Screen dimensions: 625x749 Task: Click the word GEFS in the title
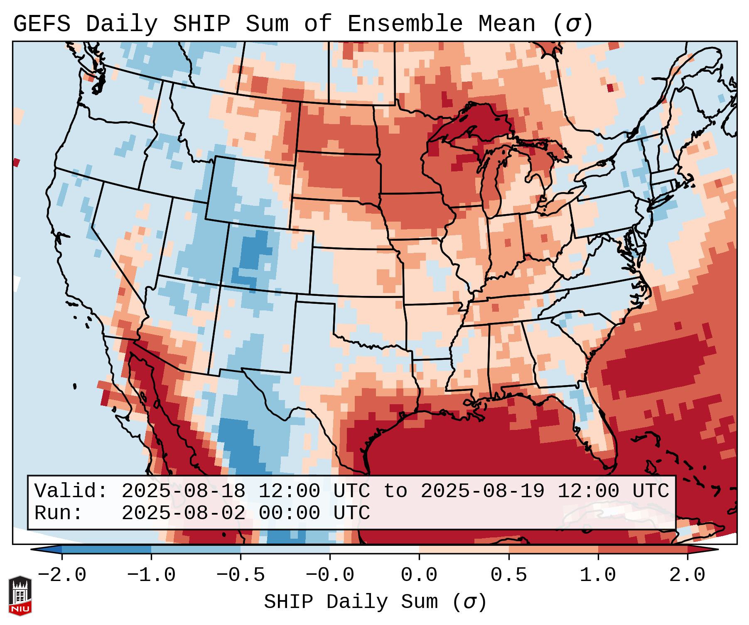(42, 24)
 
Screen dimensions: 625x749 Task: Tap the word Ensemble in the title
(405, 24)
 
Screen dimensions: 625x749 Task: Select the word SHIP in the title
(201, 24)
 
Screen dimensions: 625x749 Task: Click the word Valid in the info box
(70, 491)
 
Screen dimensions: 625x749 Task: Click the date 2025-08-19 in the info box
(482, 491)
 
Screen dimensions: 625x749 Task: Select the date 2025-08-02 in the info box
(183, 513)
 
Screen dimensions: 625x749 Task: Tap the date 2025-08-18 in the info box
(183, 491)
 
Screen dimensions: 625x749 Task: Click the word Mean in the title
(506, 24)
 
